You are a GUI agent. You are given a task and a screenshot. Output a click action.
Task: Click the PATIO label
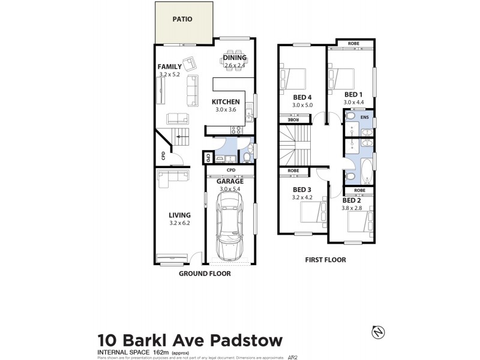(182, 19)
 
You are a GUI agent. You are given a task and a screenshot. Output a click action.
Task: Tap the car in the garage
(228, 227)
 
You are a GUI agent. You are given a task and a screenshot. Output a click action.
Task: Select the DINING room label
(234, 58)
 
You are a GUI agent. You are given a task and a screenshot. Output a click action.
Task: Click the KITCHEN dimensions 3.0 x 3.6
(227, 110)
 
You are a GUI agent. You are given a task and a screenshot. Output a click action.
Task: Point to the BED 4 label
(301, 97)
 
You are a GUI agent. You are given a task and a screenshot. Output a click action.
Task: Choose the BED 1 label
(353, 94)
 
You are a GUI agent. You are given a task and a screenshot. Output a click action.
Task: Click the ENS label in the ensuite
(364, 118)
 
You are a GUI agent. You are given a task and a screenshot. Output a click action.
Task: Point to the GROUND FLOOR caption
(205, 273)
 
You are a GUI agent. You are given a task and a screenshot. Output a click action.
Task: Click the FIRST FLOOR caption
(326, 260)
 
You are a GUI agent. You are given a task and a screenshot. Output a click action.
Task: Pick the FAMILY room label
(170, 67)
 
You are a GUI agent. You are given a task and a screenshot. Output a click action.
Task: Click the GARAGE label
(229, 181)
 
